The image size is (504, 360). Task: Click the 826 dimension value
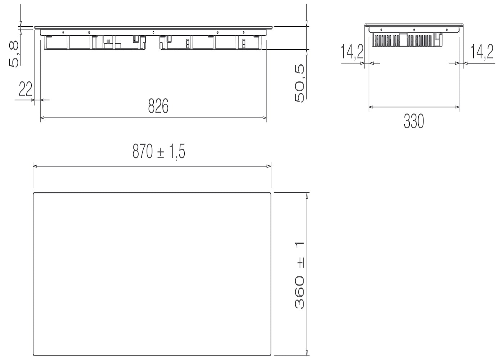coord(158,106)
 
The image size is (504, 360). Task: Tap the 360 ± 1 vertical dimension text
coord(300,275)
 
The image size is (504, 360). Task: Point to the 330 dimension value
coord(414,121)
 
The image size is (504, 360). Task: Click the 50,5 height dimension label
coord(300,83)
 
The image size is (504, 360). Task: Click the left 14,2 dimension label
coord(352,52)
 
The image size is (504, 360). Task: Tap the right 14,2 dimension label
coord(482,52)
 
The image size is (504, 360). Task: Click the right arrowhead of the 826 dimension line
coord(265,118)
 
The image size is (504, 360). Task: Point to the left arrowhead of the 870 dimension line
coord(35,166)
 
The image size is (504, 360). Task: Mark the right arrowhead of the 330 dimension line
coord(457,107)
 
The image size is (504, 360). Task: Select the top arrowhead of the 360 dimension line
coord(307,195)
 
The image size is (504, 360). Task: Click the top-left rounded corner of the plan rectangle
coord(35,194)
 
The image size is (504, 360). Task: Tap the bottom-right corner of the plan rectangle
coord(270,354)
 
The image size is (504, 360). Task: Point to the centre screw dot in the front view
coord(153,32)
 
